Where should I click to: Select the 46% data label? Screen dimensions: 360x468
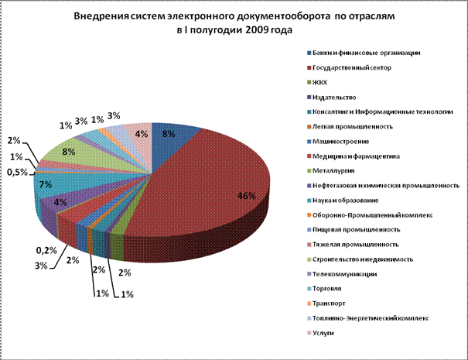[x=246, y=196]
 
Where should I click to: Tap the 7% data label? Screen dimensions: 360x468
[x=46, y=184]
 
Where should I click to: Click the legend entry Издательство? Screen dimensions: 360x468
[x=334, y=97]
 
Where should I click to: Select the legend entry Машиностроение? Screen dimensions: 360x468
[x=341, y=141]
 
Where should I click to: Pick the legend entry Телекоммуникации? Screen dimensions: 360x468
[x=344, y=274]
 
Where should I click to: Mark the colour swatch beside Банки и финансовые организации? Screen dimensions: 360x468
[x=310, y=53]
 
